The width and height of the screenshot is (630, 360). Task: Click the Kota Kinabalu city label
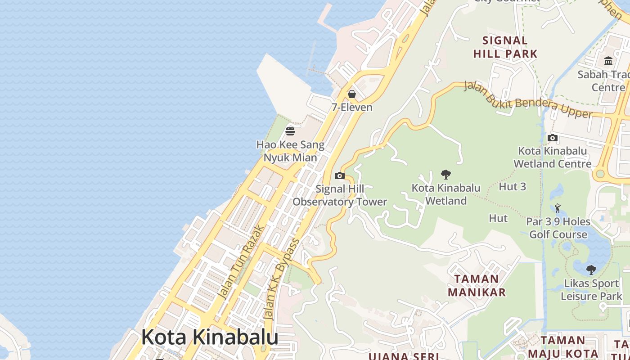[x=210, y=337]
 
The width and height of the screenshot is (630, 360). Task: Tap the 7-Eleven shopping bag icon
[x=352, y=94]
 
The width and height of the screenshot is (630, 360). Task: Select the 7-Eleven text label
[x=352, y=107]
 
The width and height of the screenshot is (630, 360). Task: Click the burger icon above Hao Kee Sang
[x=290, y=131]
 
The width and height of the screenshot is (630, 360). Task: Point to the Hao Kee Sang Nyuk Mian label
[x=290, y=151]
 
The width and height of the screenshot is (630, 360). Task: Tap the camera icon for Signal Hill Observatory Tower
[x=340, y=175]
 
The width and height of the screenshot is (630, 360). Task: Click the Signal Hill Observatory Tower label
[x=340, y=195]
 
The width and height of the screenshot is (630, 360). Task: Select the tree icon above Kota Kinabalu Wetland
[x=446, y=174]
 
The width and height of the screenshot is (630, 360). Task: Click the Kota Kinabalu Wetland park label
[x=446, y=194]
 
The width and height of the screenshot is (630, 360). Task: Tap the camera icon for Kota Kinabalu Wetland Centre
[x=553, y=138]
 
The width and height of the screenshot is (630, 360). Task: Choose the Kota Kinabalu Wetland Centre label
[x=553, y=157]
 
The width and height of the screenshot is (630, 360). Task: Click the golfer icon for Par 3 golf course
[x=558, y=208]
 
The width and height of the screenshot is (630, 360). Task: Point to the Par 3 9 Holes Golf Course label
[x=558, y=228]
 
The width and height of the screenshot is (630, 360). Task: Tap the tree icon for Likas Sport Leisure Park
[x=591, y=270]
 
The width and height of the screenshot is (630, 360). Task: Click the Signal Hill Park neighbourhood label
[x=505, y=47]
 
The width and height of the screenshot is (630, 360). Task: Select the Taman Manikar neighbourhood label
[x=477, y=285]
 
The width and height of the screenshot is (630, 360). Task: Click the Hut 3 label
[x=513, y=186]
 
